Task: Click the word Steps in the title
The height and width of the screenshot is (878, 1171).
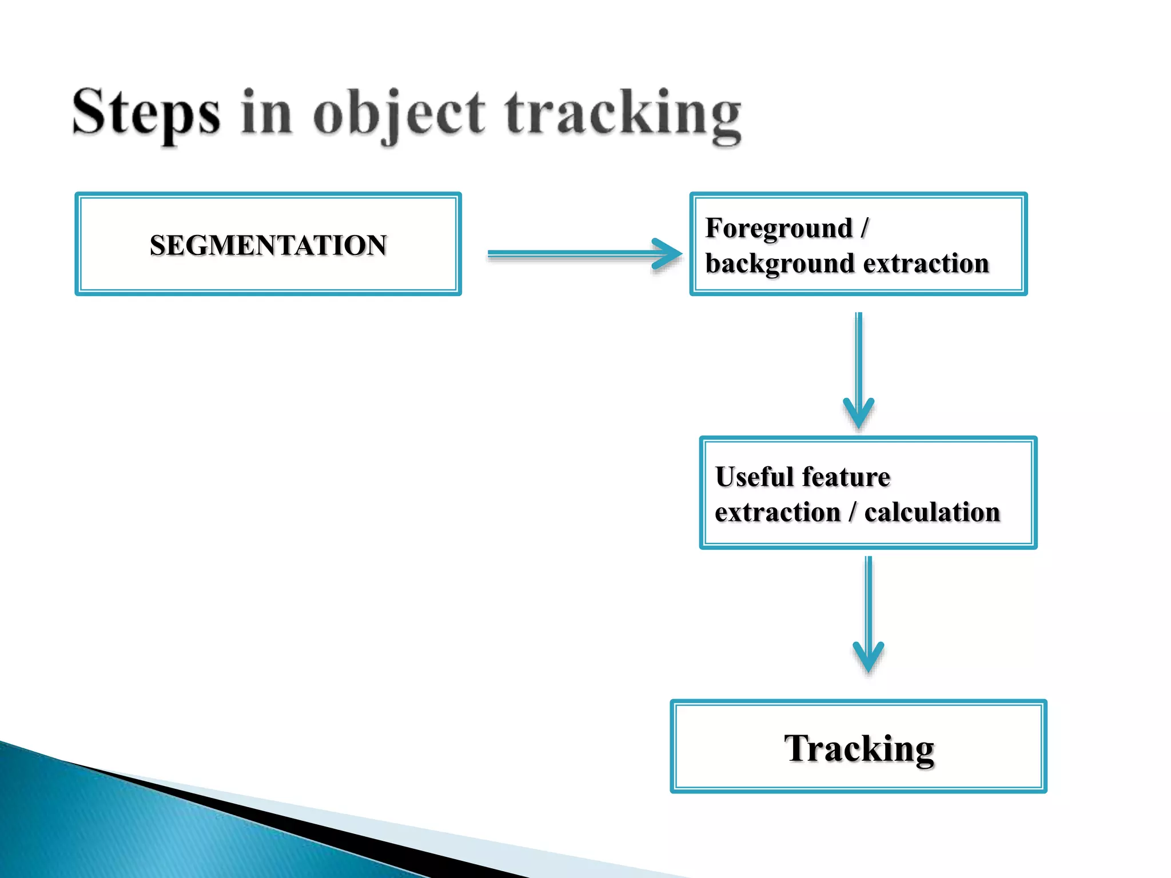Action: (x=146, y=113)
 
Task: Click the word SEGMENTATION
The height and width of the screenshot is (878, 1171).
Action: (x=268, y=245)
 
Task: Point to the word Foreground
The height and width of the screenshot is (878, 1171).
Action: (x=779, y=228)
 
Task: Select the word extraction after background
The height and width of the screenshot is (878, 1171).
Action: (x=926, y=264)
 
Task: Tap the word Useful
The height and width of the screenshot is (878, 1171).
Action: (x=754, y=477)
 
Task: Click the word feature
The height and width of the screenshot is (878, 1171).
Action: (x=846, y=477)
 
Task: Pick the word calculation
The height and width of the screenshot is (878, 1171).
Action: (x=932, y=512)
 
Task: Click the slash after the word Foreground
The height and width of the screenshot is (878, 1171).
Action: (x=865, y=228)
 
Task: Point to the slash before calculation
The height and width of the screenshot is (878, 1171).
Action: (x=853, y=512)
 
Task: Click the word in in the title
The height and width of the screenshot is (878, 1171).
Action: (x=266, y=113)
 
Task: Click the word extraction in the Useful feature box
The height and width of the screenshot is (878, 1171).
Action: (x=778, y=512)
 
